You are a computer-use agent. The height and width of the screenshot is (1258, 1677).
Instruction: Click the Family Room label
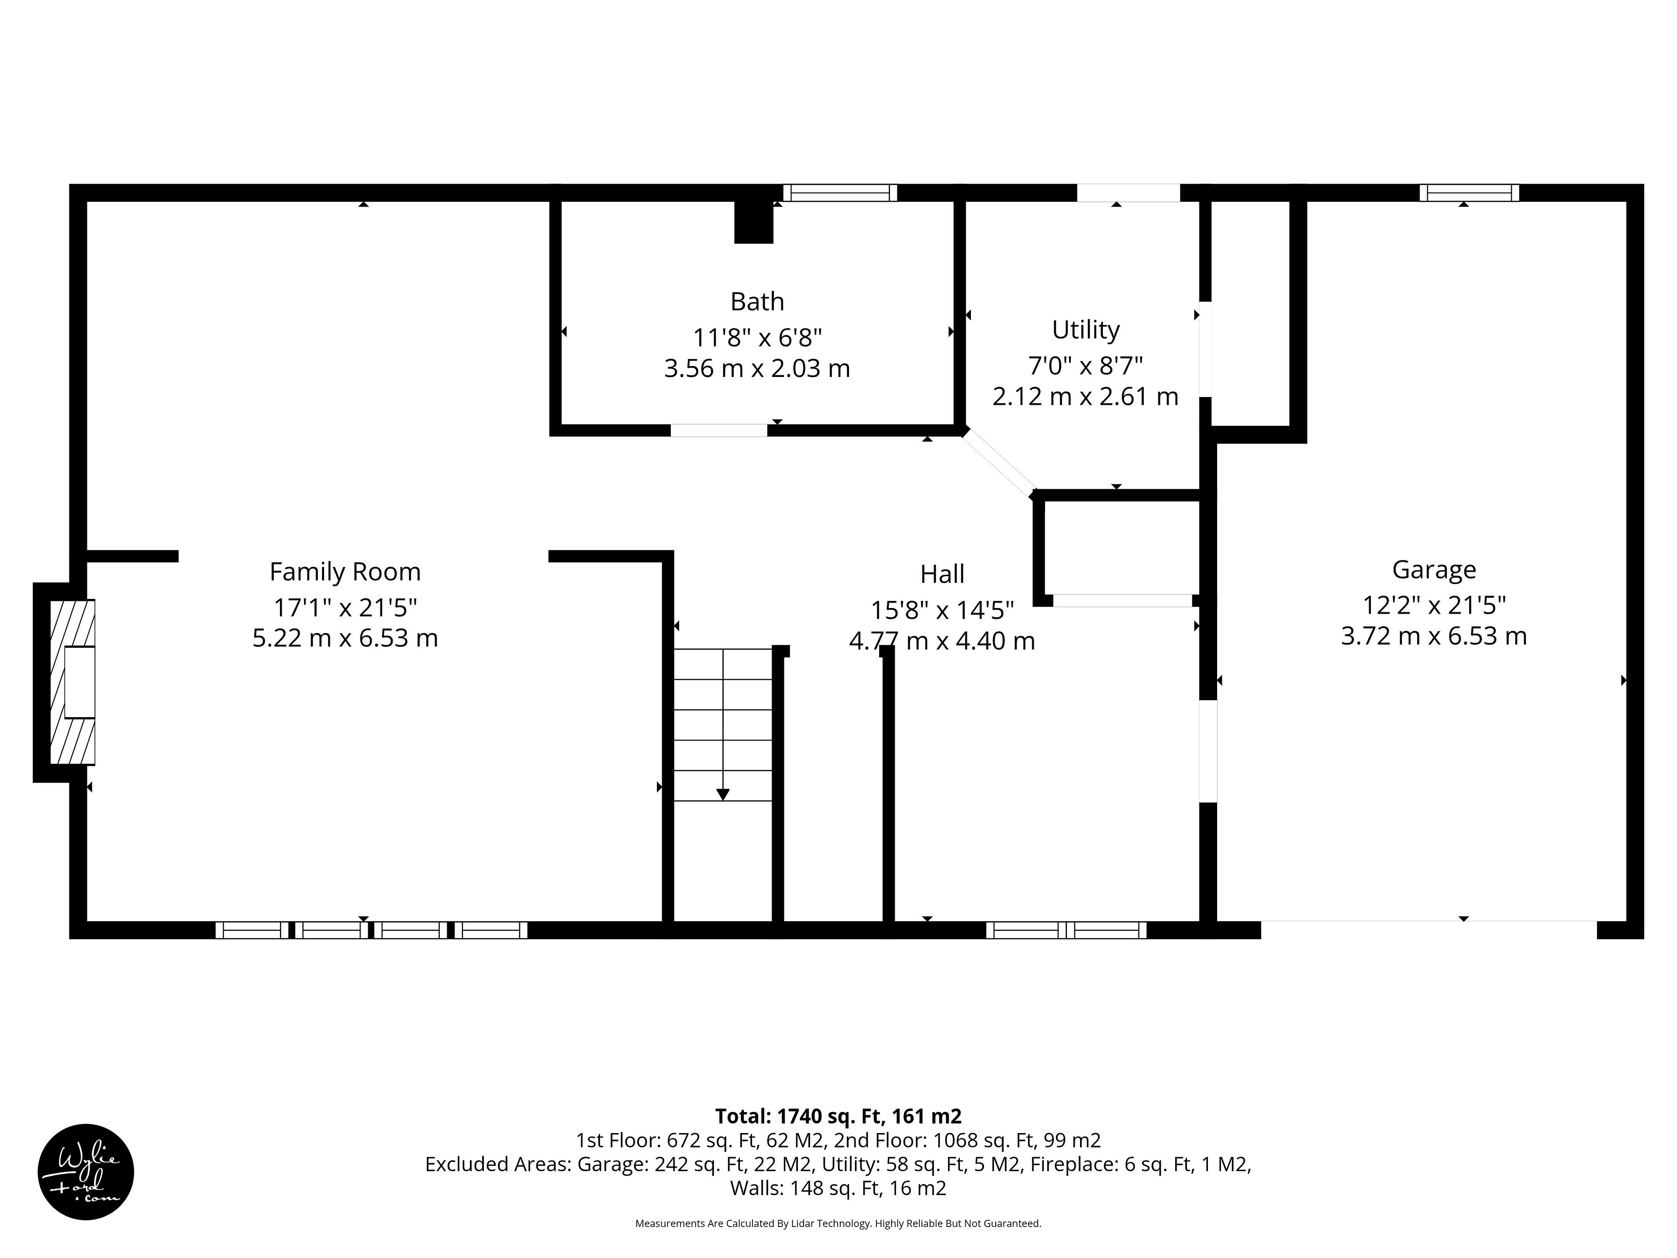(x=345, y=572)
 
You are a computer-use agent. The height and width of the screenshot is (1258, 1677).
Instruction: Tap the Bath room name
(x=757, y=302)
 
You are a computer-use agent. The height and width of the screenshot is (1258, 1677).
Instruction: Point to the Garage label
(x=1434, y=570)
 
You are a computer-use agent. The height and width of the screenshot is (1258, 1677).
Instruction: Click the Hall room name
(x=942, y=574)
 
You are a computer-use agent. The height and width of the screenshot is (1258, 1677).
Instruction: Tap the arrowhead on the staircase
(x=722, y=795)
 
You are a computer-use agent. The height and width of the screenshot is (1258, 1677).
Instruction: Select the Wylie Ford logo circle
(x=86, y=1172)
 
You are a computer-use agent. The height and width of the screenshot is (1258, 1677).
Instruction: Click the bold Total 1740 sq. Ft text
(x=838, y=1116)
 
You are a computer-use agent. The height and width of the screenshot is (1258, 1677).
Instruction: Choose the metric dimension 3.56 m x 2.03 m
(x=757, y=369)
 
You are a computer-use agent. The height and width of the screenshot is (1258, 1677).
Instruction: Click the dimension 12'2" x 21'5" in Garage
(x=1434, y=605)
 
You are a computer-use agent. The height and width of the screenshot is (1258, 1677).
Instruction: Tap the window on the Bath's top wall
(x=840, y=193)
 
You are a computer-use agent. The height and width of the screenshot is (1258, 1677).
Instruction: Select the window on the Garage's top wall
(x=1469, y=193)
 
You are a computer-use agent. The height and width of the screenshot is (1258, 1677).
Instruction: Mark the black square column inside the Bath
(x=754, y=222)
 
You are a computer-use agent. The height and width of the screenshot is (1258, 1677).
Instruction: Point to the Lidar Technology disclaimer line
(x=838, y=1223)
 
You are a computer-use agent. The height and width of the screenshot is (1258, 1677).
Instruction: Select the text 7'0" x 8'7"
(x=1086, y=366)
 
